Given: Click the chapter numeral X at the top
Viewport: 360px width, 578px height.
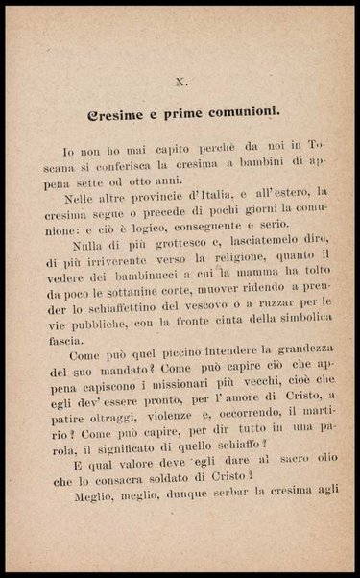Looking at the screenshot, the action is [x=181, y=83].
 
